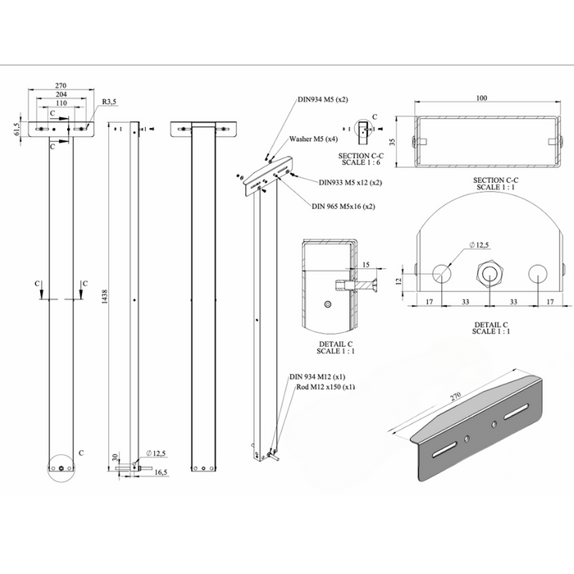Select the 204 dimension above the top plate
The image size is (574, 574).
(61, 94)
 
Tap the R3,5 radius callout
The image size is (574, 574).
(110, 102)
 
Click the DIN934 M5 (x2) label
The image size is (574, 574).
(322, 99)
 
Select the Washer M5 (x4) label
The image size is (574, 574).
(312, 139)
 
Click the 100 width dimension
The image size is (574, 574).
(481, 98)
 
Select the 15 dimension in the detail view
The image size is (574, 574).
(366, 264)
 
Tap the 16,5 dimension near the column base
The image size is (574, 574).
(160, 473)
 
